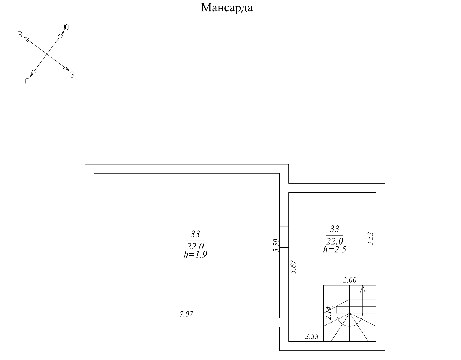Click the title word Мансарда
point(227,8)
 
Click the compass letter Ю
point(66,27)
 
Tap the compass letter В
point(20,35)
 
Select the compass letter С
point(27,82)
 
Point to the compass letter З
point(72,75)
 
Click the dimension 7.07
point(186,314)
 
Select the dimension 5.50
point(277,245)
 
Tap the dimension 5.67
point(294,267)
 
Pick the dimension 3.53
point(370,239)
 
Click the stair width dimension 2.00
point(349,280)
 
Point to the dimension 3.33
point(312,337)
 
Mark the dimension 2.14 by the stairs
point(327,313)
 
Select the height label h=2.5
point(334,249)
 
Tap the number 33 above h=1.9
point(195,235)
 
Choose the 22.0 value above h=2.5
point(334,241)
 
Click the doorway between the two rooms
point(284,237)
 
